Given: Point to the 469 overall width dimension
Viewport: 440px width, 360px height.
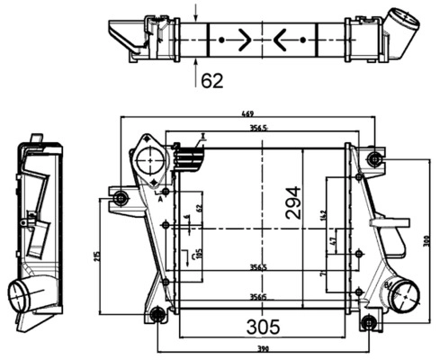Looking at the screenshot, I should pos(246,114).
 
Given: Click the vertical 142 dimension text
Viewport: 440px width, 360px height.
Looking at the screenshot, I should pos(322,215).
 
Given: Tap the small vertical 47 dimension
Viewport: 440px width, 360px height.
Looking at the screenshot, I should pos(334,242).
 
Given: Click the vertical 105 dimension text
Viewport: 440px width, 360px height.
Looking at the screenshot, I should pos(200,256).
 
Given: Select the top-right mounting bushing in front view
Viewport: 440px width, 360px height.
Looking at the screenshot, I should pos(375,160).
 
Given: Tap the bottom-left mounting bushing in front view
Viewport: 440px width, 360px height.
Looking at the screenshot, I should pos(157,314).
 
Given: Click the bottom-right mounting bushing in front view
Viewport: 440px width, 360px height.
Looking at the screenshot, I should pos(367,322).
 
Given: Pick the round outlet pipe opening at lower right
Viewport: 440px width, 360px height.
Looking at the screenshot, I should pos(402,293).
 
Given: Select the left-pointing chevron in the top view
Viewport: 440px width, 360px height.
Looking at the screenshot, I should pos(281,40).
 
